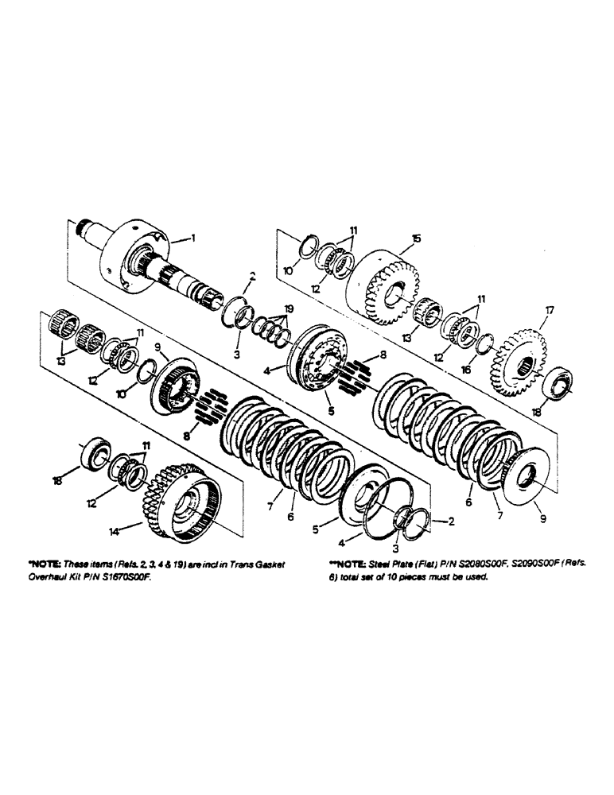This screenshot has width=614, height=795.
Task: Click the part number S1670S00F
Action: pos(122,579)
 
